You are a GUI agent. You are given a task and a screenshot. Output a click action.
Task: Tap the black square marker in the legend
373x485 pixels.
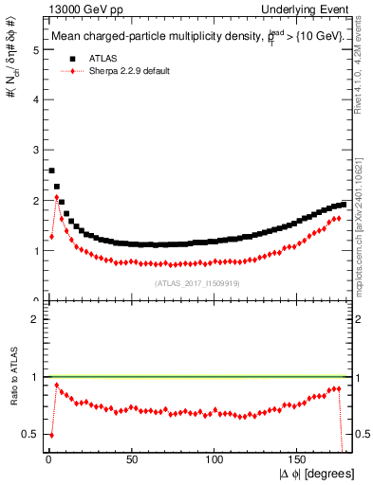pyautogui.click(x=65, y=58)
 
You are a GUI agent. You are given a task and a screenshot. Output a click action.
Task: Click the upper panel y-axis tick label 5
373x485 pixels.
pyautogui.click(x=37, y=49)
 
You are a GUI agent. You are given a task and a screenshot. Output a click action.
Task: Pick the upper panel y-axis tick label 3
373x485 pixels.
pyautogui.click(x=37, y=150)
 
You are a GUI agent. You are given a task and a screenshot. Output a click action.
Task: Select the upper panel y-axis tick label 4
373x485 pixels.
pyautogui.click(x=37, y=99)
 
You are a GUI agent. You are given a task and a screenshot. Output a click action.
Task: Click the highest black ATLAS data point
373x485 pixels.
pyautogui.click(x=51, y=171)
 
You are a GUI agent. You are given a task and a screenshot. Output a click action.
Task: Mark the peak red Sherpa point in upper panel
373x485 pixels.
pyautogui.click(x=57, y=197)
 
